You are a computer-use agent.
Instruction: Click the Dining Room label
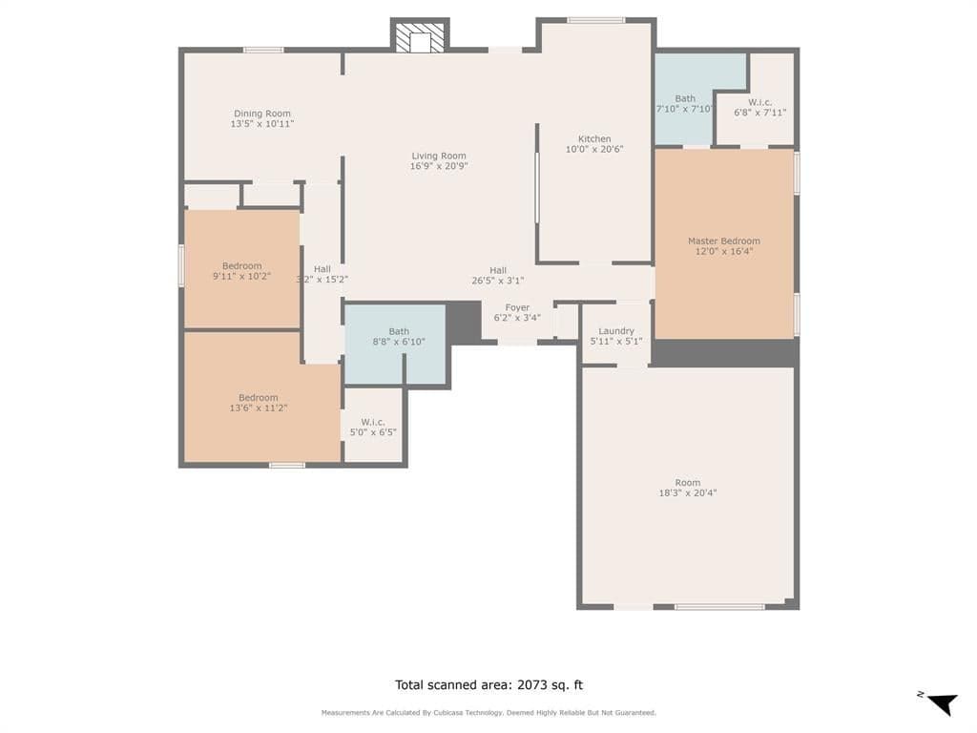(262, 114)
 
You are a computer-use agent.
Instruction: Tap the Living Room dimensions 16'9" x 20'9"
(439, 166)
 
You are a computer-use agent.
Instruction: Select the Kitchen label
(594, 138)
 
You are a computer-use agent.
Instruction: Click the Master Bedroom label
(724, 241)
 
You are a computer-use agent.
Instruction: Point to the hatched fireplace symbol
(421, 38)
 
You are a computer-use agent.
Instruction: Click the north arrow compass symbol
(942, 703)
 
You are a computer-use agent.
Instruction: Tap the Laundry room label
(616, 331)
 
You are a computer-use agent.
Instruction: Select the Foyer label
(517, 307)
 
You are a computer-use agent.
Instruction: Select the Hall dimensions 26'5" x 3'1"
(498, 281)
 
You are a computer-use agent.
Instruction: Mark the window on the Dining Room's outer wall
(263, 50)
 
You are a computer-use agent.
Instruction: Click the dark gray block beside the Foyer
(464, 323)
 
